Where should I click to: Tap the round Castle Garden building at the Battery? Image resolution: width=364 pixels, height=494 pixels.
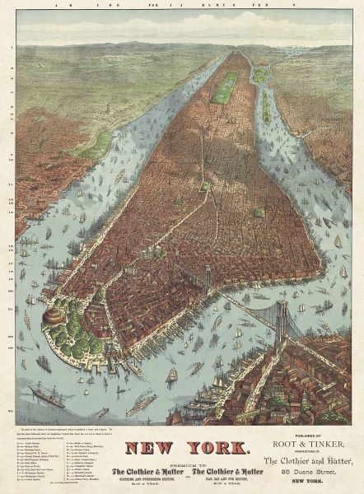pos(57,315)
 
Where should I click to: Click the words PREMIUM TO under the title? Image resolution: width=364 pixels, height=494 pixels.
pos(182,461)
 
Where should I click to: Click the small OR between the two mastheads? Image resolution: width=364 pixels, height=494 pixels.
pos(182,473)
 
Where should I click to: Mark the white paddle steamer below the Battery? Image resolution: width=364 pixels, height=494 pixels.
pos(140,403)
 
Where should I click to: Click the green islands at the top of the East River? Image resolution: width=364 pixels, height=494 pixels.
pos(262,73)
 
